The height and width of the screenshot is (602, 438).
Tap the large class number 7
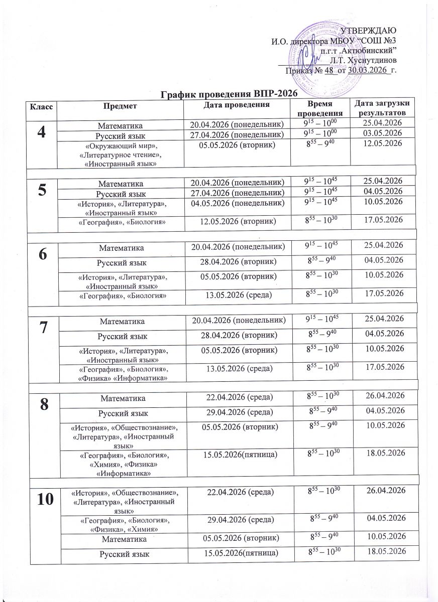43,326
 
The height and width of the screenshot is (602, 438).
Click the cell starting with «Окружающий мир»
120,154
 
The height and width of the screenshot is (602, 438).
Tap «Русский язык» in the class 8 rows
120,411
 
